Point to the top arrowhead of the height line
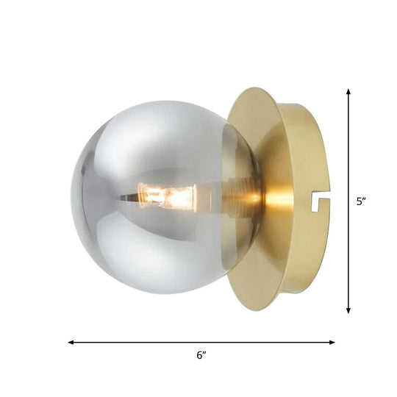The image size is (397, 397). [348, 92]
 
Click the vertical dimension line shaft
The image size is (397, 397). [348, 147]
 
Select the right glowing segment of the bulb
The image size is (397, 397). [179, 197]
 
